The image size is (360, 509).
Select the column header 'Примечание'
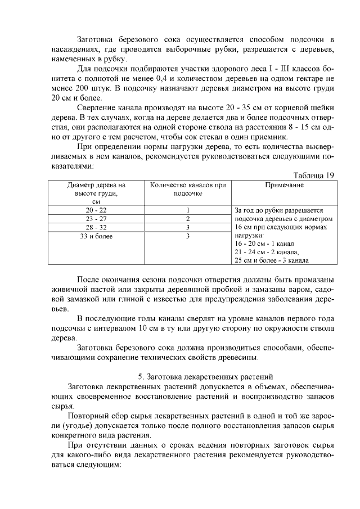(284, 184)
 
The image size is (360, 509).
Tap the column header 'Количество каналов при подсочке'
(187, 188)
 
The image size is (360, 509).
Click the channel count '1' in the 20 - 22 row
(187, 210)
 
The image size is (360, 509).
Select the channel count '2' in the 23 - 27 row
(187, 219)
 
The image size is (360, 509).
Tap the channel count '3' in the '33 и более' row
(187, 236)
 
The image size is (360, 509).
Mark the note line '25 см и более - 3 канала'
(272, 260)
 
